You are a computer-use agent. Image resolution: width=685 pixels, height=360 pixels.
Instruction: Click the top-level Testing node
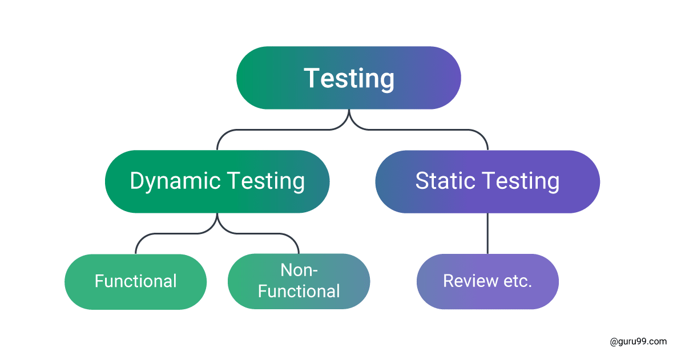348,78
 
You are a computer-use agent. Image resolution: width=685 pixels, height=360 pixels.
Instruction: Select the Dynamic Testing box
217,181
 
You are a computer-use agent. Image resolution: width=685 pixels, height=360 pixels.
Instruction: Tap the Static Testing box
487,181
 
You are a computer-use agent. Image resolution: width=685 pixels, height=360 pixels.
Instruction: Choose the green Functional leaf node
135,281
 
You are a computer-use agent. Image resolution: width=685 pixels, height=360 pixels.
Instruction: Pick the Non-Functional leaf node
299,281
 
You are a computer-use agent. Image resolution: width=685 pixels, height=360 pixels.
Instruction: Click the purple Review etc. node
487,281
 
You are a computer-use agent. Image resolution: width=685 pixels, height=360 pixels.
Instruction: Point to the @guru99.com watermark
638,342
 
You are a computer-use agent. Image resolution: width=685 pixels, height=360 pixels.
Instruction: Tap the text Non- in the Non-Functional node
299,270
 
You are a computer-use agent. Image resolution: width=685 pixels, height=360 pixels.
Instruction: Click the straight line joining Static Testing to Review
487,233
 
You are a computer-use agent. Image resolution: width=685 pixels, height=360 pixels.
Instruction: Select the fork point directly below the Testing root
349,118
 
